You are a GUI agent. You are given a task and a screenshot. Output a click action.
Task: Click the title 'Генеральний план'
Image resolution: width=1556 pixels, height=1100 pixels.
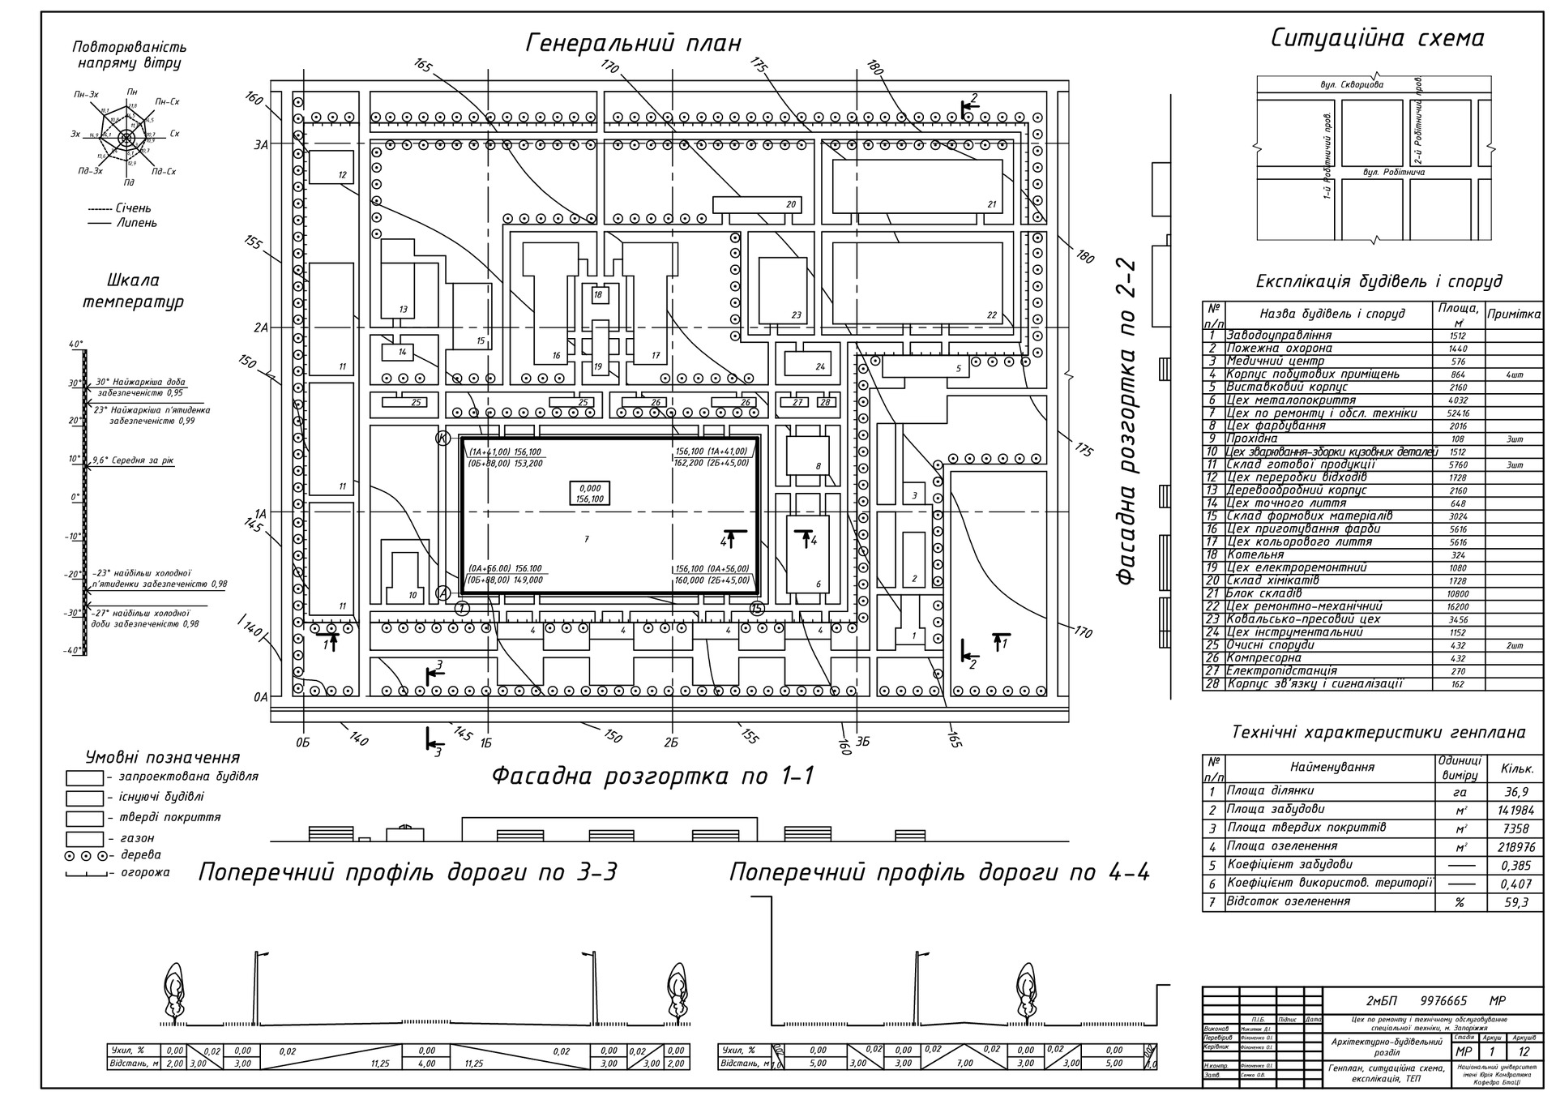click(633, 43)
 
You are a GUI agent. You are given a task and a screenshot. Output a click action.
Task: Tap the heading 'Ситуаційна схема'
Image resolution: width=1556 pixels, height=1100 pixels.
click(1377, 38)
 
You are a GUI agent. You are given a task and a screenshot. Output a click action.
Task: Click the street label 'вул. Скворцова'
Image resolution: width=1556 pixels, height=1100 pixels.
click(1351, 84)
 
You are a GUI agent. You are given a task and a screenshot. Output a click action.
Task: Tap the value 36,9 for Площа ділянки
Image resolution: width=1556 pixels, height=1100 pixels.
click(1514, 792)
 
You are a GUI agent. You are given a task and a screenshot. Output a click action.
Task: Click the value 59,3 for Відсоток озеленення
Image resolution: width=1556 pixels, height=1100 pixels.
click(1514, 902)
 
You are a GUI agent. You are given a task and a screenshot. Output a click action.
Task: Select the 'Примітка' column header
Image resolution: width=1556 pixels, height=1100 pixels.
click(1514, 314)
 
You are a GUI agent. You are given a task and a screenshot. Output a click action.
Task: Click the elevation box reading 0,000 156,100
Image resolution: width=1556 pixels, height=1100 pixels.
click(589, 494)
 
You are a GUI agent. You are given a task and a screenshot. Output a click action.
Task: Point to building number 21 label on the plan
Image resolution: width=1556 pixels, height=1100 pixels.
click(991, 204)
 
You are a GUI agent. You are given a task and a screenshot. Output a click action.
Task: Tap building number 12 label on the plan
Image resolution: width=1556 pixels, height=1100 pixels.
click(342, 174)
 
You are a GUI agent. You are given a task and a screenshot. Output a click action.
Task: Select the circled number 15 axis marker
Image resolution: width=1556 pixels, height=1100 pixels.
click(756, 608)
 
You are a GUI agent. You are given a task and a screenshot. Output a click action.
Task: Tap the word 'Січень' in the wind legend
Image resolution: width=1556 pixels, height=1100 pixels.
click(133, 208)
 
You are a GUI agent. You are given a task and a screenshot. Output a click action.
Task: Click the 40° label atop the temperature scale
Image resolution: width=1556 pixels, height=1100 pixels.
click(75, 345)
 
